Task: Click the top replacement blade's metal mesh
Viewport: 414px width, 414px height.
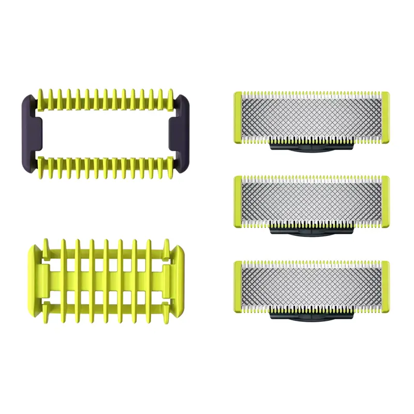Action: (310, 116)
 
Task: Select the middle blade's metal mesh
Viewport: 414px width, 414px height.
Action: (310, 201)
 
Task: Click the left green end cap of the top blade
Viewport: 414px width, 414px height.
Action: (237, 117)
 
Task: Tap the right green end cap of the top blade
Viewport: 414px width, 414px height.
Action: (385, 117)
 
